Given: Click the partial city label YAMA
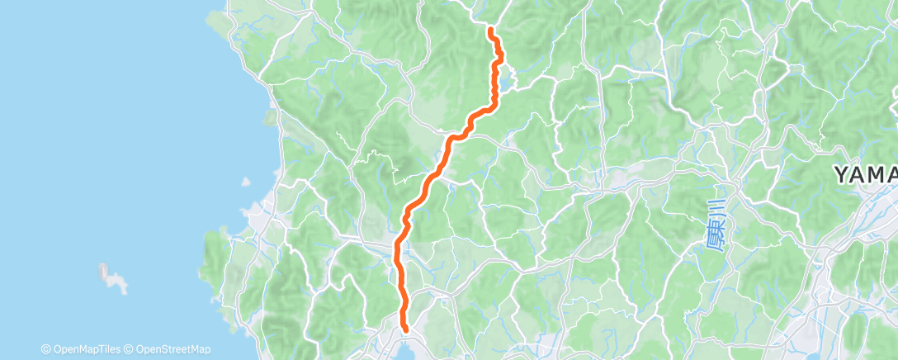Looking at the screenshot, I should (x=864, y=175).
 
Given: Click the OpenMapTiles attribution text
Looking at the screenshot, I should (x=85, y=349).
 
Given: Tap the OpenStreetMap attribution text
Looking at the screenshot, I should (x=173, y=349).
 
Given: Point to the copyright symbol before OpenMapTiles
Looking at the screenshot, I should (x=46, y=349).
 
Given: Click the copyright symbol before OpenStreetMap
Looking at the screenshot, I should (x=130, y=349).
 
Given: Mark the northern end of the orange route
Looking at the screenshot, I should (x=491, y=31).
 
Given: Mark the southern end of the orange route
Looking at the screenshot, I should (x=404, y=329).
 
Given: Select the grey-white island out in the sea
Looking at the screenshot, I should (x=112, y=278).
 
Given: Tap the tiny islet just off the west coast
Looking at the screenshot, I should (x=245, y=183).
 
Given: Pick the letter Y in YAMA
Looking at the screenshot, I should (x=840, y=175).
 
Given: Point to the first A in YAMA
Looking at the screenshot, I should (x=858, y=175).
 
